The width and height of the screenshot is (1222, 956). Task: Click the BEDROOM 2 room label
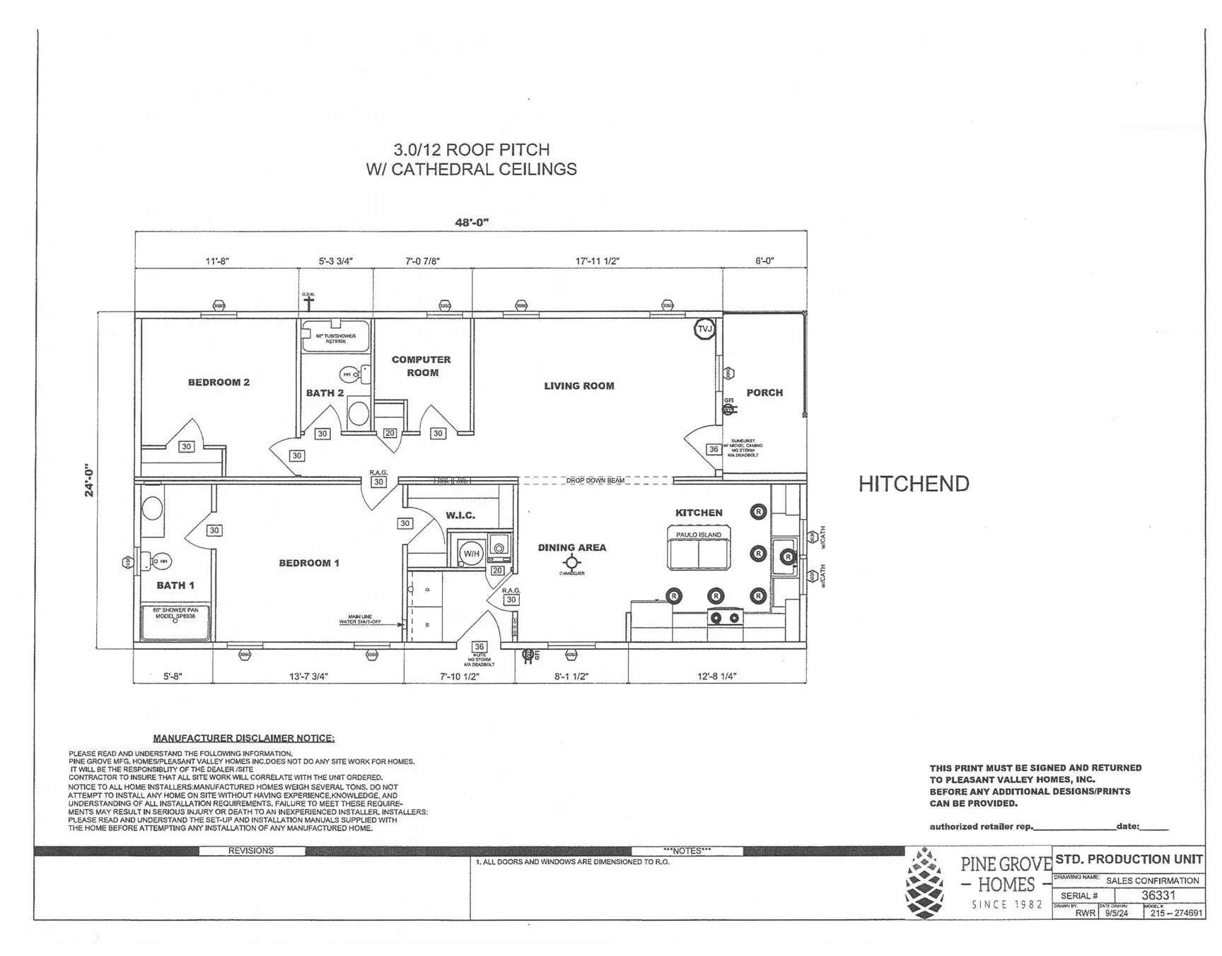pos(219,383)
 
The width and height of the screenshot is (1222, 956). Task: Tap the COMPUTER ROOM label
pos(421,366)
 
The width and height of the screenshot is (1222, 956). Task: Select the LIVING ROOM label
pos(578,386)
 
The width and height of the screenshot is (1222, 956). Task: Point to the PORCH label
pos(764,392)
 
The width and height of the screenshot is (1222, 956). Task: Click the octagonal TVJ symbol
pos(705,329)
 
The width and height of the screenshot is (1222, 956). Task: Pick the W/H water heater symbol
pos(471,553)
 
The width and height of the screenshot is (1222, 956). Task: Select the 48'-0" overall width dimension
pos(472,223)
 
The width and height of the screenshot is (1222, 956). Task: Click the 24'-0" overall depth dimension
pos(90,481)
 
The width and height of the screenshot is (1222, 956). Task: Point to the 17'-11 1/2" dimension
pos(597,261)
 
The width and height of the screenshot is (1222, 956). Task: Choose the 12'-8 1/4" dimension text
pos(716,676)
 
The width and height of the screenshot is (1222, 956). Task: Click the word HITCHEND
pos(914,484)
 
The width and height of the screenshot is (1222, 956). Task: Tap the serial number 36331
pos(1158,895)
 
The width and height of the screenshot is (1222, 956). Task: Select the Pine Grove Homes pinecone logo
pos(926,885)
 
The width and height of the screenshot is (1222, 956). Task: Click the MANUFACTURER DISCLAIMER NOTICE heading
pos(243,738)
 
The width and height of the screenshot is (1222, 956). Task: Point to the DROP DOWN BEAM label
pos(595,481)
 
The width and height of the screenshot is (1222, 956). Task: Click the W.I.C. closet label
pos(460,515)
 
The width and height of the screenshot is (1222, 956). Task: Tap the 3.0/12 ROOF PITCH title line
pos(471,150)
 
